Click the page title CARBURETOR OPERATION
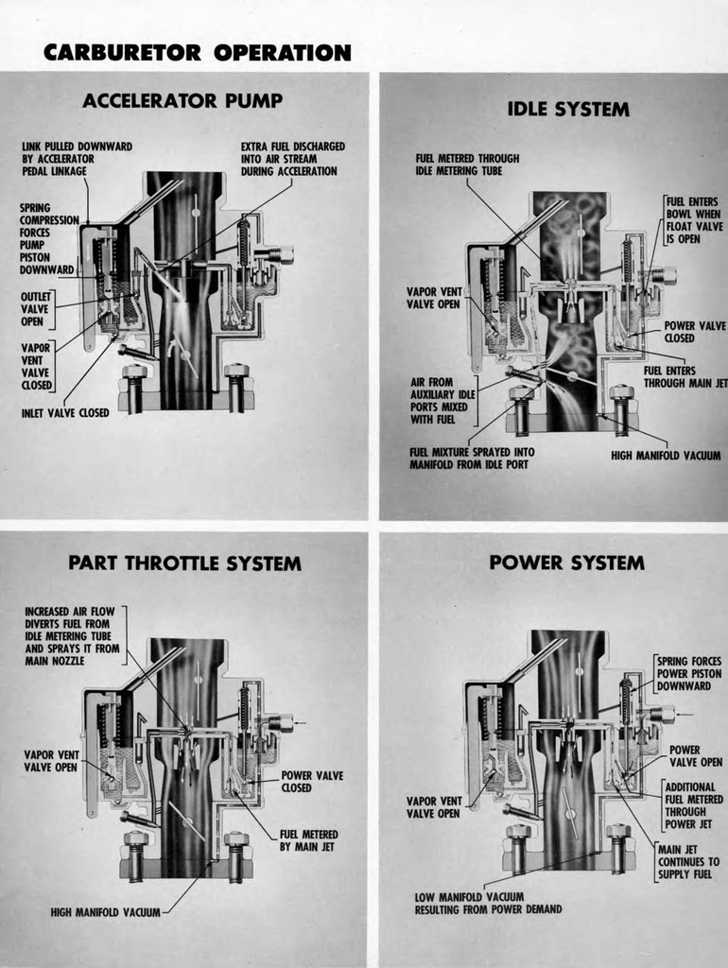[197, 52]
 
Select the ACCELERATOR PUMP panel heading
[182, 101]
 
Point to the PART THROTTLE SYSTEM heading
[184, 563]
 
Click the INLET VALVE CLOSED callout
[65, 412]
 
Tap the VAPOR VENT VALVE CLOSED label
[36, 367]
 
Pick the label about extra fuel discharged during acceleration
[292, 159]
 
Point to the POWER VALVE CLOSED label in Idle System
[694, 332]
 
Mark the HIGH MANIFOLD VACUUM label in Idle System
[667, 455]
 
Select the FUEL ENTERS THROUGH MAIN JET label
[685, 377]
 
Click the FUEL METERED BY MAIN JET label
[308, 840]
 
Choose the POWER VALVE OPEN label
[695, 755]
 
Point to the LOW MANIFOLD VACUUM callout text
[488, 903]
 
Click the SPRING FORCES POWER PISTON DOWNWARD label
[688, 673]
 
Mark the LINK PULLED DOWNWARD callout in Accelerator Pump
[77, 159]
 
